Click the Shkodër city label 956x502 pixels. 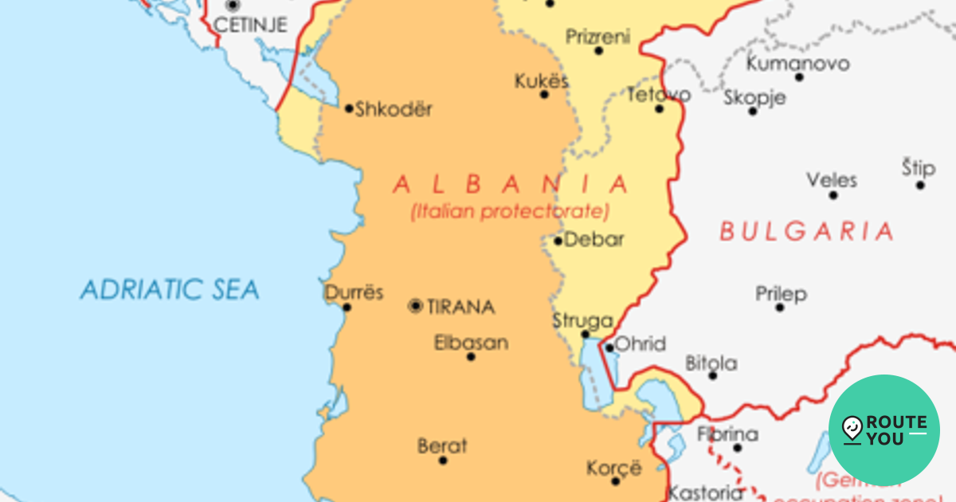(x=394, y=109)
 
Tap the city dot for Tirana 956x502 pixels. (x=416, y=306)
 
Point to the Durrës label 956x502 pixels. (x=354, y=292)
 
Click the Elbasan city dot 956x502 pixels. (x=471, y=356)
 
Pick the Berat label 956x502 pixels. (x=442, y=446)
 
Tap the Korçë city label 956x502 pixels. (x=613, y=468)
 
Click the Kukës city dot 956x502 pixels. (x=545, y=94)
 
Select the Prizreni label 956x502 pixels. (x=597, y=37)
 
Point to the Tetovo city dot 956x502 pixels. (x=659, y=108)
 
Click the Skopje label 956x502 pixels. (x=754, y=97)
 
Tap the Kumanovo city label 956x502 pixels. (x=797, y=63)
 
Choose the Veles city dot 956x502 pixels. (x=833, y=194)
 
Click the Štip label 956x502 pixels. (x=919, y=168)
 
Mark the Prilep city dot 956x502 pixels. (x=780, y=307)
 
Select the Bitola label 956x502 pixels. (x=711, y=363)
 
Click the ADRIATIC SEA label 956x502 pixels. (x=170, y=289)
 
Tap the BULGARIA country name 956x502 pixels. (x=806, y=232)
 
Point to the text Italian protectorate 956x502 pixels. (x=510, y=212)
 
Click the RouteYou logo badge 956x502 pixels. (x=884, y=430)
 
